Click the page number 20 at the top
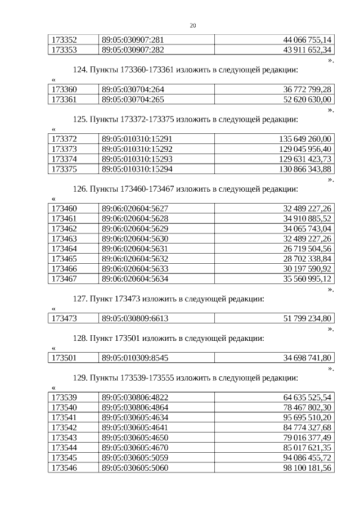click(193, 26)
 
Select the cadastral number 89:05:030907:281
click(133, 39)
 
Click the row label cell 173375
click(64, 169)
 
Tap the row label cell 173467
click(64, 278)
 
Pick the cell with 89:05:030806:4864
click(135, 407)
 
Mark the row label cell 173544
click(64, 448)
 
